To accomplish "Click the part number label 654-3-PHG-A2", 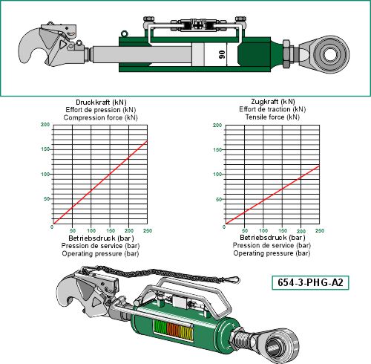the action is point(310,282).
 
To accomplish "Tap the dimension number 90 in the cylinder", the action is point(222,54).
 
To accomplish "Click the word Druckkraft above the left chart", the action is point(93,103).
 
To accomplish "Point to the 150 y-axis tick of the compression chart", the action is point(45,149).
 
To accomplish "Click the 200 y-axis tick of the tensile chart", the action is point(217,125).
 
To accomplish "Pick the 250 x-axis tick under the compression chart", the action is point(148,230).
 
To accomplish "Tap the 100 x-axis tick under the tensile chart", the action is point(263,230).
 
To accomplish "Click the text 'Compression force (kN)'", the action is point(100,117).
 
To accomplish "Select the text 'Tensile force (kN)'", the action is point(272,117).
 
